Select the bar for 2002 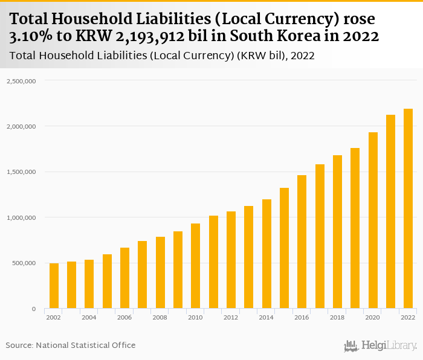tap(54, 286)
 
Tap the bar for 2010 tap(195, 266)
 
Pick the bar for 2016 tap(302, 242)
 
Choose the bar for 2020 tap(373, 220)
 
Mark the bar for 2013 tap(248, 257)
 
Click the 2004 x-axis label tap(89, 318)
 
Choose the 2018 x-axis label tap(337, 318)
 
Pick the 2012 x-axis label tap(231, 318)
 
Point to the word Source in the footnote tap(19, 345)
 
